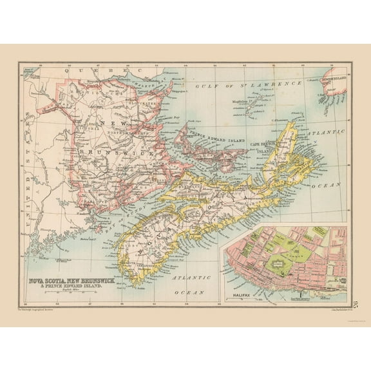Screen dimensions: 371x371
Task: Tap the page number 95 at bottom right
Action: tap(357, 300)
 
